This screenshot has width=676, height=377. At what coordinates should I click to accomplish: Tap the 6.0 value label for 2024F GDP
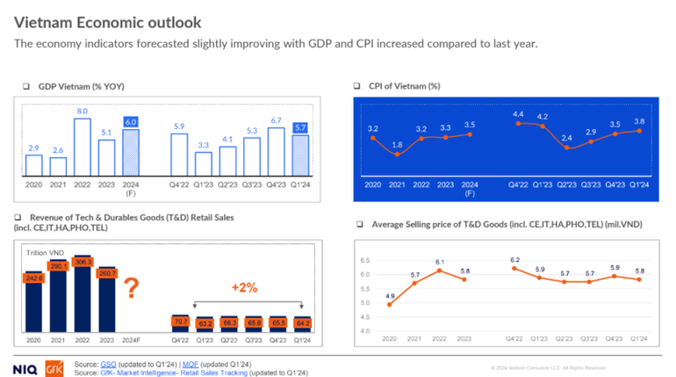[x=130, y=122]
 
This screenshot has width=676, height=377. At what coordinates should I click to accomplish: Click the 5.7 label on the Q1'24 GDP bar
[x=300, y=127]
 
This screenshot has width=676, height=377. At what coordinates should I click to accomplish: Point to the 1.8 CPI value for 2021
[x=398, y=144]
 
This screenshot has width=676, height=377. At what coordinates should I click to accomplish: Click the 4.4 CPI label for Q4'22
[x=518, y=113]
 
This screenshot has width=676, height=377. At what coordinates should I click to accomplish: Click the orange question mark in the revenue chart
[x=130, y=288]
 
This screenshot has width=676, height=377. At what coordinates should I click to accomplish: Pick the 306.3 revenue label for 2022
[x=82, y=263]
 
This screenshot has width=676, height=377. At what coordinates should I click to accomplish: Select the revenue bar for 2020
[x=33, y=303]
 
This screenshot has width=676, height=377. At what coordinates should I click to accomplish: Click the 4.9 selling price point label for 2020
[x=388, y=295]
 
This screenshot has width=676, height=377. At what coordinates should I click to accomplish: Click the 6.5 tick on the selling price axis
[x=364, y=262]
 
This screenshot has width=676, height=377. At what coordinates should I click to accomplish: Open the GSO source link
[x=108, y=363]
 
